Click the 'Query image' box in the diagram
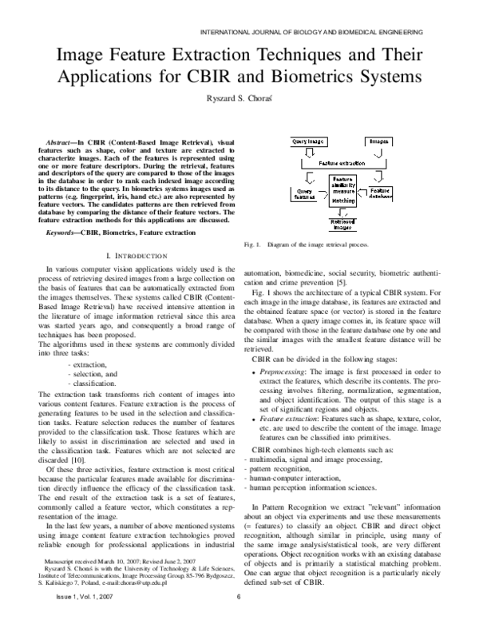[x=310, y=141]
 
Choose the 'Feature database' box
[x=379, y=193]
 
